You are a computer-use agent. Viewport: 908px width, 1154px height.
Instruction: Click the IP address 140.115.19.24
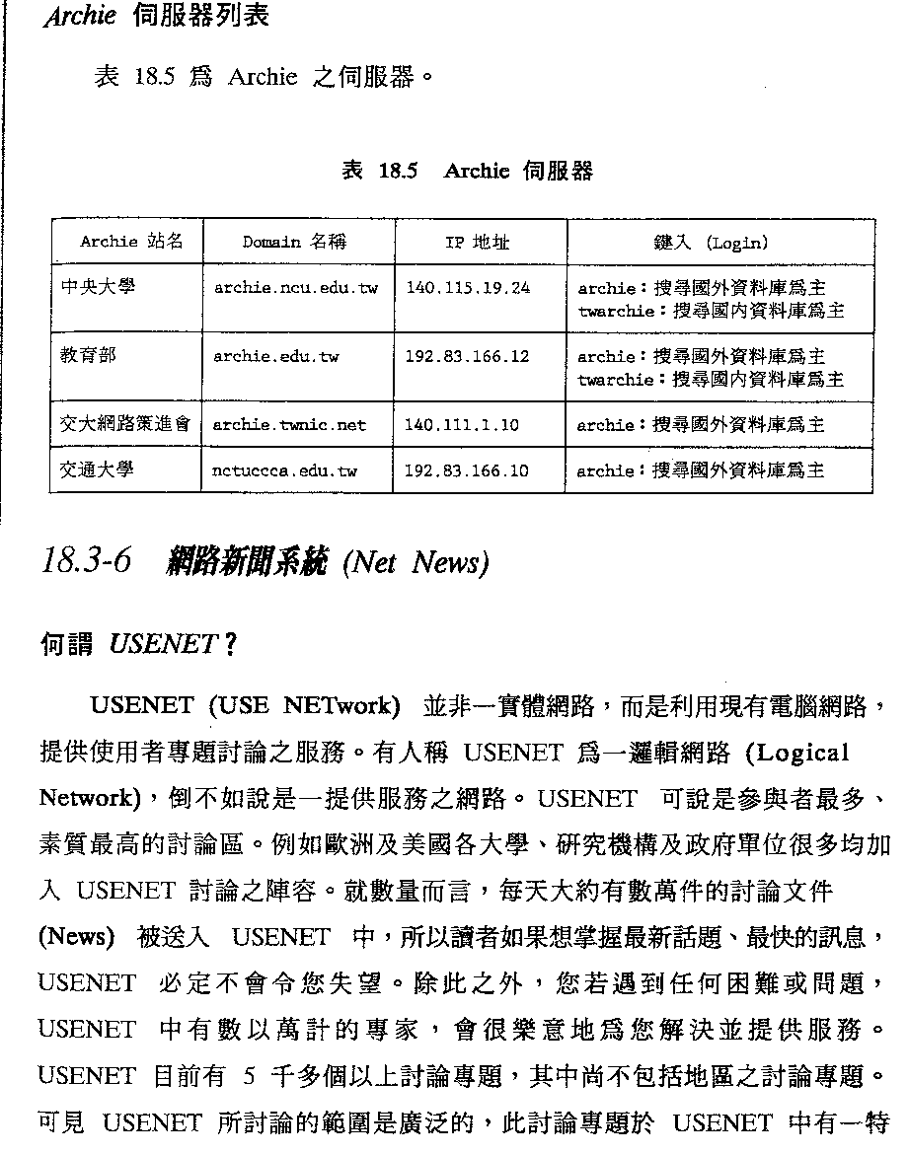(468, 288)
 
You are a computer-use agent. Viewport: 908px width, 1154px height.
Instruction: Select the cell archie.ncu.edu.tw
(295, 288)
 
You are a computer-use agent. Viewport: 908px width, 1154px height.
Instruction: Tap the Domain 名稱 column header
(294, 242)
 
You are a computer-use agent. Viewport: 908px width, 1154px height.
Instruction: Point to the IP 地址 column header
(477, 242)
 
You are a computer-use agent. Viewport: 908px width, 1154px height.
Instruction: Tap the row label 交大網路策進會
(124, 424)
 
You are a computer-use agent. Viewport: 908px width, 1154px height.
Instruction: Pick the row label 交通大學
(98, 469)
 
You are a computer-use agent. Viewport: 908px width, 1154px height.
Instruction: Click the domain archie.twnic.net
(289, 425)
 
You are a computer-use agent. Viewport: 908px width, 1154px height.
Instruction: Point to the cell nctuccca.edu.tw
(284, 471)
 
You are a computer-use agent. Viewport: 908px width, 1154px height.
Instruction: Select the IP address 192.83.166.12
(467, 356)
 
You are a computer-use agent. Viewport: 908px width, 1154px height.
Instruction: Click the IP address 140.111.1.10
(462, 425)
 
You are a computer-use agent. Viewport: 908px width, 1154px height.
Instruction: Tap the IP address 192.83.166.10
(467, 471)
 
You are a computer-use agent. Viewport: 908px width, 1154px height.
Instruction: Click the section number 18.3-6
(88, 561)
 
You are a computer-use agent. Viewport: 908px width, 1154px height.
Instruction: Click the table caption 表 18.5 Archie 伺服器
(467, 171)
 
